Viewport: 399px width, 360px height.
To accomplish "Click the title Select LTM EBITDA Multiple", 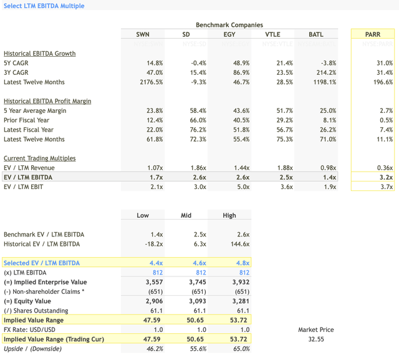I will (44, 6).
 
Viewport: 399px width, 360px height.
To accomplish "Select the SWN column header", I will (143, 34).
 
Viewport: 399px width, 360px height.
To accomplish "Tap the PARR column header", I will (373, 34).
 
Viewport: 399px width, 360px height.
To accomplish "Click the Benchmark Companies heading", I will (229, 25).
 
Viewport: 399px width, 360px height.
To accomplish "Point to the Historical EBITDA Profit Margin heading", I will (47, 101).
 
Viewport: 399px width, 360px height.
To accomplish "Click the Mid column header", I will (186, 215).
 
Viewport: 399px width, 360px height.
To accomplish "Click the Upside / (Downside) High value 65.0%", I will (239, 349).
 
